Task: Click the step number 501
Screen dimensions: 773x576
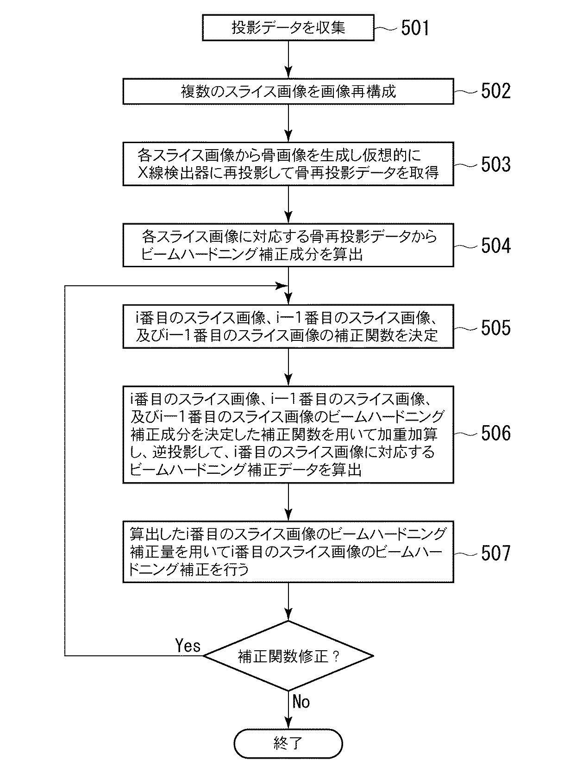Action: (414, 28)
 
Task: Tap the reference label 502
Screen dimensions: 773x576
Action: (495, 91)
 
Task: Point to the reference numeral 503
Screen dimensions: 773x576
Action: (495, 164)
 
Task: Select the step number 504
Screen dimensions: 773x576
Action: (495, 245)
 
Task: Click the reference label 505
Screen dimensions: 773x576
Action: (495, 327)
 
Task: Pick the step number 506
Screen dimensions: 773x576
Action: (495, 433)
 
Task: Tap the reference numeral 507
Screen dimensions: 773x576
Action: (495, 553)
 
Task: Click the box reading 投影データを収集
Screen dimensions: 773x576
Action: (288, 28)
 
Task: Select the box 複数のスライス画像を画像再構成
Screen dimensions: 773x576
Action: (288, 91)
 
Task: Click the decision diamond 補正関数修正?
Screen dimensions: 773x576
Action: (288, 656)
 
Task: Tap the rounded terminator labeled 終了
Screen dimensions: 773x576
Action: (288, 744)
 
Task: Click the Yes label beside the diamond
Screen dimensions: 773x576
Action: (188, 645)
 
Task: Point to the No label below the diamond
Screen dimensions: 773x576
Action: (301, 702)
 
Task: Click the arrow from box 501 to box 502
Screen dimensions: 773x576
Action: (288, 59)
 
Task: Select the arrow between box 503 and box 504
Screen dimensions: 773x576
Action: (288, 205)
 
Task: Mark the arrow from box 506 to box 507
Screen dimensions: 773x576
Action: (288, 502)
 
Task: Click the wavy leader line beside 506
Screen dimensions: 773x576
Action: (465, 434)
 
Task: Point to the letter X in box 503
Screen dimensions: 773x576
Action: (143, 173)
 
